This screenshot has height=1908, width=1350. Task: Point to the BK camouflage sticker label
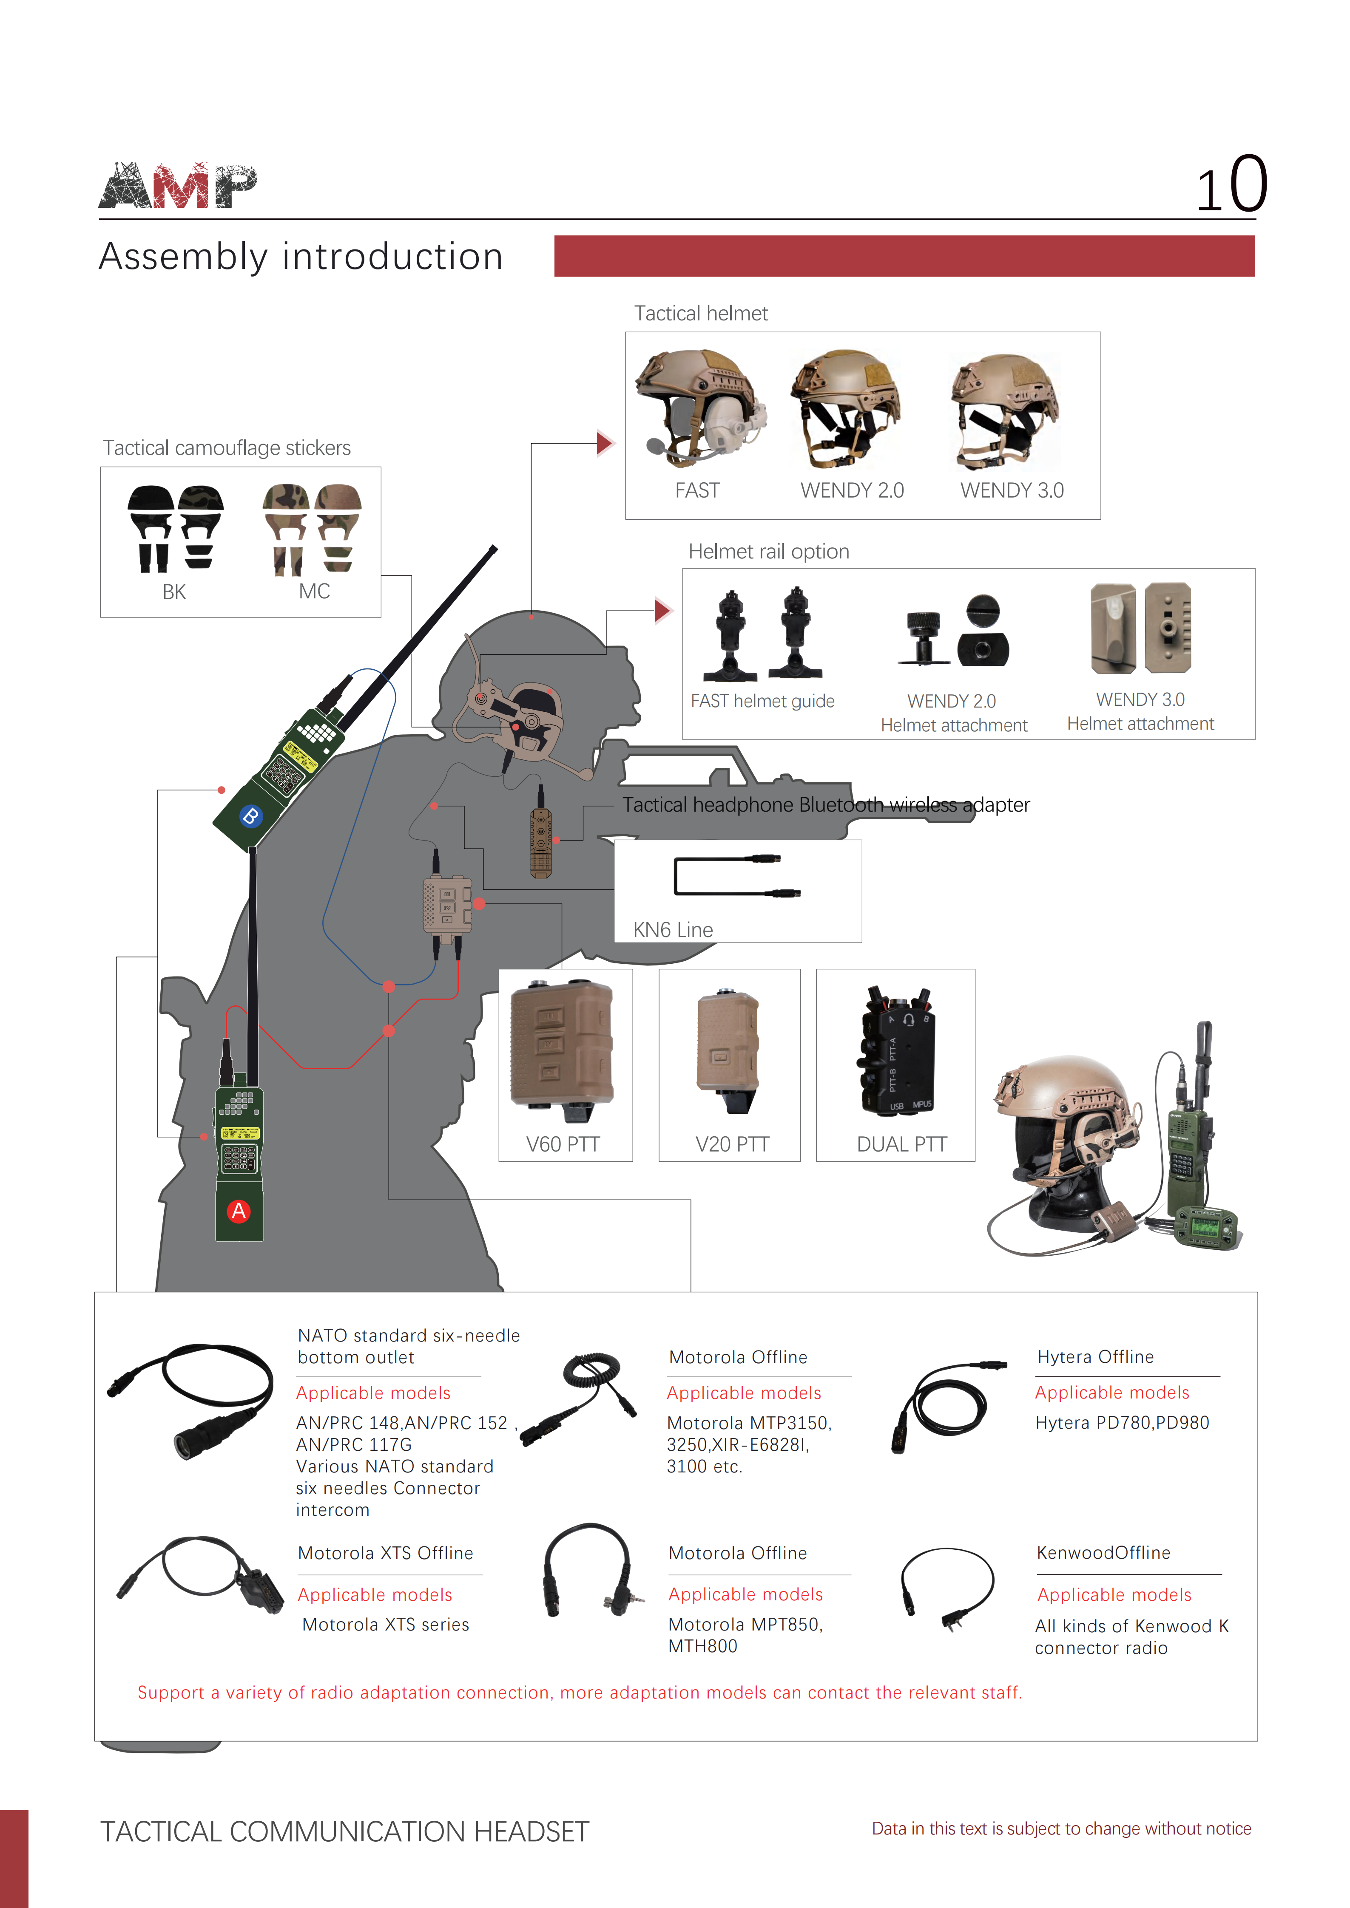pos(174,592)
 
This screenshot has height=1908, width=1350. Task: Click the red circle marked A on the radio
pos(239,1211)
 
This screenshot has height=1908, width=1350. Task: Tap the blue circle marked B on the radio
pos(250,815)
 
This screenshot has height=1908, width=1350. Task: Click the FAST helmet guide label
pos(762,702)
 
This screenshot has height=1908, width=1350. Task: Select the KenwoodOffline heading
pos(1103,1552)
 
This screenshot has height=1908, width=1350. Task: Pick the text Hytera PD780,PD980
pos(1122,1423)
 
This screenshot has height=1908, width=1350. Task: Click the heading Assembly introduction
pos(301,257)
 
